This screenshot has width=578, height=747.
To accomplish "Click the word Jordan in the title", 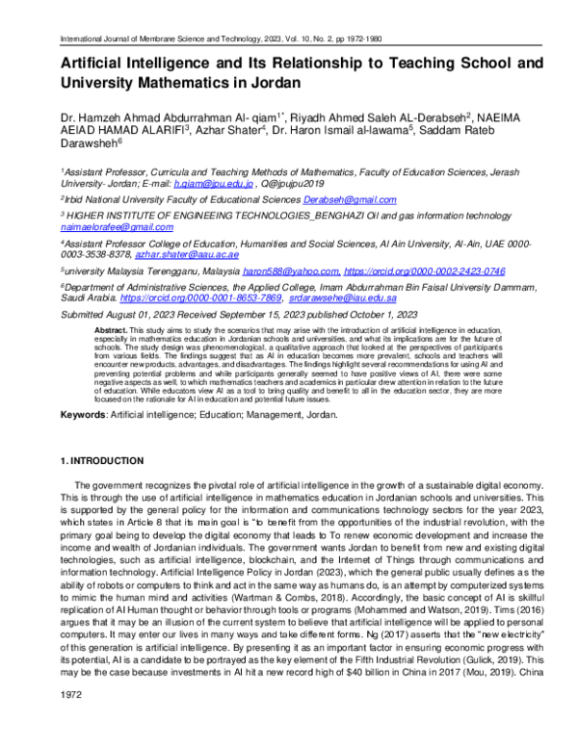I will (x=273, y=83).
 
